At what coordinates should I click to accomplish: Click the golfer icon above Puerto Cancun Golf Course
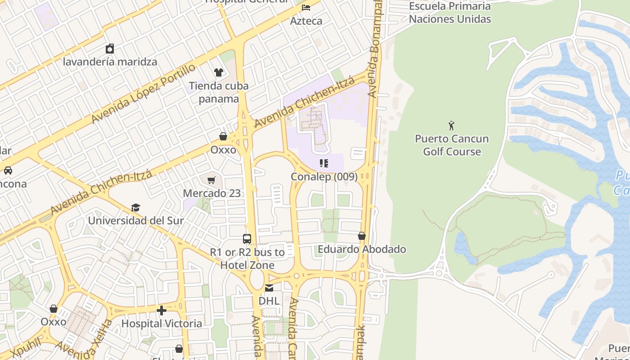tap(452, 126)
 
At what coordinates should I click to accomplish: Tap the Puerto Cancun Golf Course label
tap(452, 145)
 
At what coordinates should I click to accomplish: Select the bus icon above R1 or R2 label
tap(247, 239)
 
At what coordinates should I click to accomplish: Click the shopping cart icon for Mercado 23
tap(211, 180)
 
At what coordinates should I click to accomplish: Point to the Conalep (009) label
tap(324, 177)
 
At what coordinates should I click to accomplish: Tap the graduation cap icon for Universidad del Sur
tap(135, 207)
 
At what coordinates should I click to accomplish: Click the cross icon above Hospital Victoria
tap(162, 310)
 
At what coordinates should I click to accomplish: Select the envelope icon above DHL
tap(269, 288)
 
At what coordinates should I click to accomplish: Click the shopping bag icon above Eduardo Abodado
tap(361, 236)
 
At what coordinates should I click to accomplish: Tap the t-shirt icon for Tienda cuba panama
tap(219, 72)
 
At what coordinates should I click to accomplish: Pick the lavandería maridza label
tap(110, 62)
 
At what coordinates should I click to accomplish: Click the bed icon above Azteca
tap(306, 8)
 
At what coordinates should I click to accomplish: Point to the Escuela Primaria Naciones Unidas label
tap(450, 13)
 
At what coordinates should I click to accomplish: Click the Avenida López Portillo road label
tap(144, 94)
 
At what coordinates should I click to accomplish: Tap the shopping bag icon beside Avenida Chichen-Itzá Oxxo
tap(223, 136)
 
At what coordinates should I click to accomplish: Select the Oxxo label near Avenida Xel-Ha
tap(54, 322)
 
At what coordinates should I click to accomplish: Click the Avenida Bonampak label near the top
tap(376, 49)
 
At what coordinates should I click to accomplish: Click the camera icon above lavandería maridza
tap(110, 49)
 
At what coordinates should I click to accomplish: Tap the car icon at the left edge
tap(8, 171)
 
